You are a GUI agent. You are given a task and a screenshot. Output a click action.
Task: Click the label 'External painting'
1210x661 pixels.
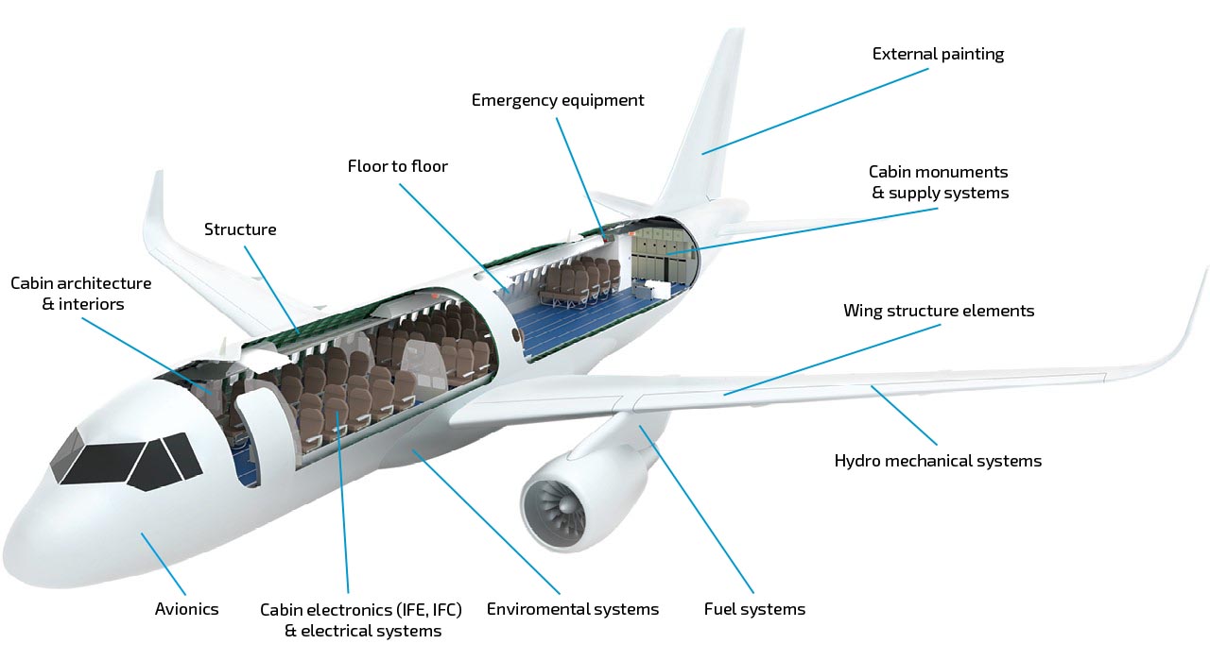click(938, 54)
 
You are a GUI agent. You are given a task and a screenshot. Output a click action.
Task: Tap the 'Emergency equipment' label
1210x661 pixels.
click(558, 100)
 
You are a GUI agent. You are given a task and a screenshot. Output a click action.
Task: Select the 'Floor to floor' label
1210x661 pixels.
click(398, 166)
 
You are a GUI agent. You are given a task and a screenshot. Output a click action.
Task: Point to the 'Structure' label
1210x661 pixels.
click(240, 229)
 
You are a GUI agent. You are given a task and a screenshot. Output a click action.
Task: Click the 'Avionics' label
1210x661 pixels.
click(186, 609)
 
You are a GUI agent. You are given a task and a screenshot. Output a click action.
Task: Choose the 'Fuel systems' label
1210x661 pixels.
click(754, 609)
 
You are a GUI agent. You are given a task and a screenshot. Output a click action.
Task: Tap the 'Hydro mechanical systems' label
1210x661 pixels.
click(938, 461)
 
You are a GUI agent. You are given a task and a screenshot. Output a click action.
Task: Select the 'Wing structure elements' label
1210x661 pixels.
click(939, 311)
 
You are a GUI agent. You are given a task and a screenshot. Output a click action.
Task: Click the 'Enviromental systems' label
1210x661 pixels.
click(573, 609)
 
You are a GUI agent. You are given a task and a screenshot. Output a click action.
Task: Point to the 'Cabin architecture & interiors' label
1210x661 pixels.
click(81, 294)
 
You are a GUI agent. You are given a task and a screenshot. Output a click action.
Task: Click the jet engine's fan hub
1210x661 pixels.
click(564, 506)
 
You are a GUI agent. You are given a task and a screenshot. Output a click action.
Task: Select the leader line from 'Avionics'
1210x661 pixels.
click(164, 564)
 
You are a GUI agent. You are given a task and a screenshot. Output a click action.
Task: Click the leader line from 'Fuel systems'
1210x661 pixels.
click(697, 509)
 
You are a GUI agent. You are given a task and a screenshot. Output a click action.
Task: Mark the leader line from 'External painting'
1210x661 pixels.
click(815, 111)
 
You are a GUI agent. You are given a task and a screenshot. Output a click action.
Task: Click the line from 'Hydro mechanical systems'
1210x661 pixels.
click(904, 415)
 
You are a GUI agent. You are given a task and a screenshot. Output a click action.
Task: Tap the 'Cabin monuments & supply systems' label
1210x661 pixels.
click(939, 182)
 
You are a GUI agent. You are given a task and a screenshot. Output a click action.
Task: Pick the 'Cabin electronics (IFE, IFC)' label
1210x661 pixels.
click(361, 610)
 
